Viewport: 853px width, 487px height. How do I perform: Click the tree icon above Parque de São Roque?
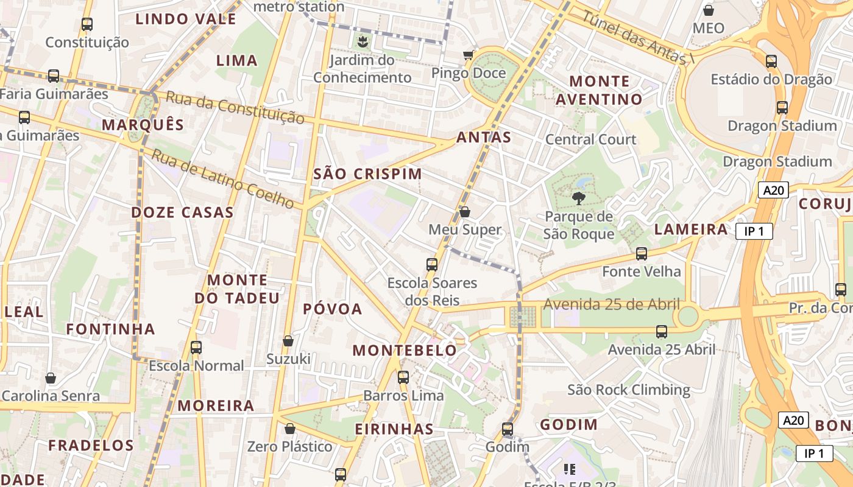(578, 198)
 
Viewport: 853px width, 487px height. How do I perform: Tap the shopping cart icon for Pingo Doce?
(468, 55)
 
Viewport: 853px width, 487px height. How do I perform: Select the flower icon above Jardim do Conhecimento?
(363, 42)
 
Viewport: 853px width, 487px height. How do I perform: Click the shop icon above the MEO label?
(709, 10)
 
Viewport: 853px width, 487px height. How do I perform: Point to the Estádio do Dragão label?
(771, 79)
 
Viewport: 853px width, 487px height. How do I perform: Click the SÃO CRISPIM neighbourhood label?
(367, 174)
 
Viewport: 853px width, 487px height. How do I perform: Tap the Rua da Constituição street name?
(235, 107)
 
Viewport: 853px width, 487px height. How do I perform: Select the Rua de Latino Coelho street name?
(223, 179)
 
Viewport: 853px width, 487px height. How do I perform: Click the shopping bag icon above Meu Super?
(465, 212)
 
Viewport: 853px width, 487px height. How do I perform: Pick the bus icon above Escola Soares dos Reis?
(432, 265)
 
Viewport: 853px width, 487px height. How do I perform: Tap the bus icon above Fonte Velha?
(642, 254)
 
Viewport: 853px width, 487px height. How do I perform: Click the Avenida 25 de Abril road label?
(611, 303)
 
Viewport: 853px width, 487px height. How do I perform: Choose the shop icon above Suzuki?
(288, 341)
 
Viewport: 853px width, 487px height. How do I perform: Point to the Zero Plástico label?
(290, 446)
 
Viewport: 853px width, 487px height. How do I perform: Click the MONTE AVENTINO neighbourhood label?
(606, 90)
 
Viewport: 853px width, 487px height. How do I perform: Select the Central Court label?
(590, 139)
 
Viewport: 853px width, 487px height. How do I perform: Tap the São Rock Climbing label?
(629, 390)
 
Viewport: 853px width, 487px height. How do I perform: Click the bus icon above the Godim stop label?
(508, 429)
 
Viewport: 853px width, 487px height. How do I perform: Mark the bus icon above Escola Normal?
(196, 348)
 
